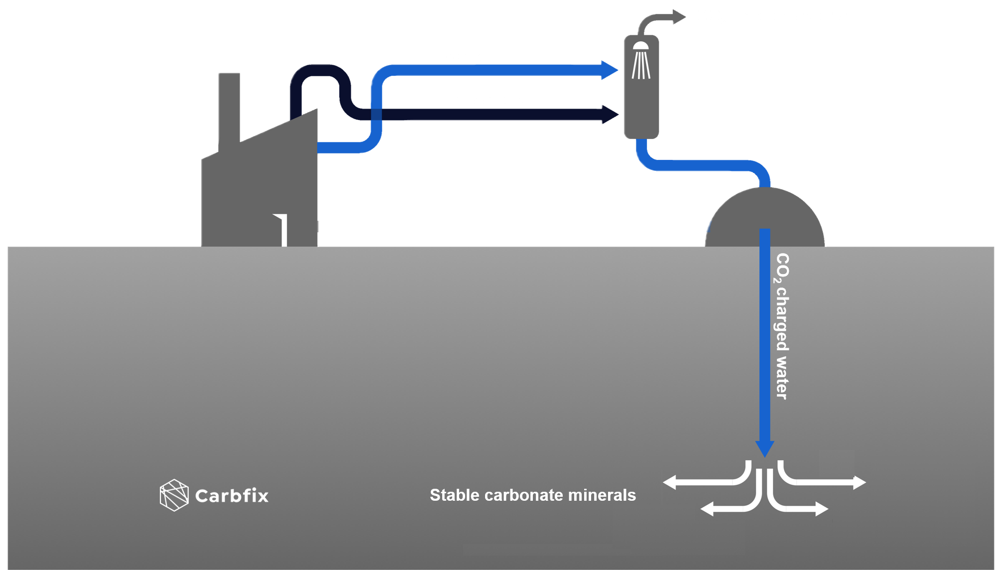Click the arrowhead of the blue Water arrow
(x=610, y=70)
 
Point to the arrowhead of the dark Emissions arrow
(x=610, y=114)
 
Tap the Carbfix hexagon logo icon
(x=174, y=495)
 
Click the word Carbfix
(x=232, y=496)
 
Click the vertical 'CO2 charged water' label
(x=782, y=326)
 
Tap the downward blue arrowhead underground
(x=764, y=448)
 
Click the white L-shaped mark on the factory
(x=283, y=229)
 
